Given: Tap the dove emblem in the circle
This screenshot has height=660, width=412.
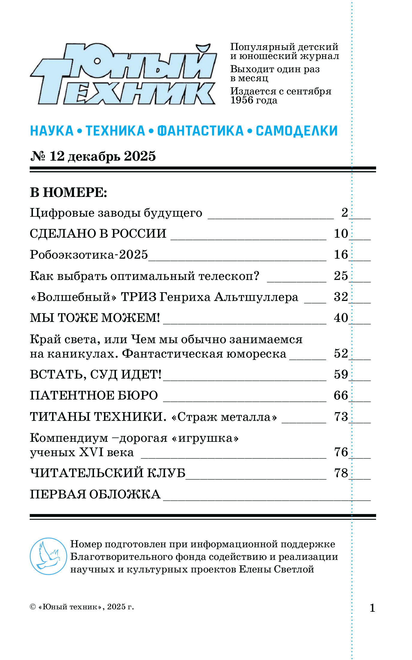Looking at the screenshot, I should coord(48,556).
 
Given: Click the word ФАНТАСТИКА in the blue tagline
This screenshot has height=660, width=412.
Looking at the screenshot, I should coord(200,131).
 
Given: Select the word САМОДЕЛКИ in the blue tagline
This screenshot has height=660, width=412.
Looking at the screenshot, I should coord(297,131).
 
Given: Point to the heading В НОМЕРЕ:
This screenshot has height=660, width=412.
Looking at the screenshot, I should coord(68,192).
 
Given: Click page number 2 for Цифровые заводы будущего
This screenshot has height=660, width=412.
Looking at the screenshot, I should coord(345,213).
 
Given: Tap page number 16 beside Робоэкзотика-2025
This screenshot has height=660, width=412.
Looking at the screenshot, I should coord(341,255).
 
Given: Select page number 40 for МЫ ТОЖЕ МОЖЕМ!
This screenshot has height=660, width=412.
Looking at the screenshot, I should coord(341,318).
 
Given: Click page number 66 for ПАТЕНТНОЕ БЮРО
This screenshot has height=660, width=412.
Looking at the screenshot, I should coord(341,396).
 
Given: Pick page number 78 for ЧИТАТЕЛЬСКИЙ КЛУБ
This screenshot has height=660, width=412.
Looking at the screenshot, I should coord(341,473).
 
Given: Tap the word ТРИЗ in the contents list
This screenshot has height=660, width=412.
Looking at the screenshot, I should coord(138,297).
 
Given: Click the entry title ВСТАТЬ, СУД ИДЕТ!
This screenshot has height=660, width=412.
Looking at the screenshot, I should coord(96,375).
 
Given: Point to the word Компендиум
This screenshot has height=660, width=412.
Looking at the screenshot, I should coord(69,438).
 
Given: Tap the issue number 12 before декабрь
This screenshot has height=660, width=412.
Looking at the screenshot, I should coord(57,156).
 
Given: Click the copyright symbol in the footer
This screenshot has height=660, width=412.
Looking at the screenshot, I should coord(33,607).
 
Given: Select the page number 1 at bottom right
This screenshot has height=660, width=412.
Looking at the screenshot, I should coord(372,608).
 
